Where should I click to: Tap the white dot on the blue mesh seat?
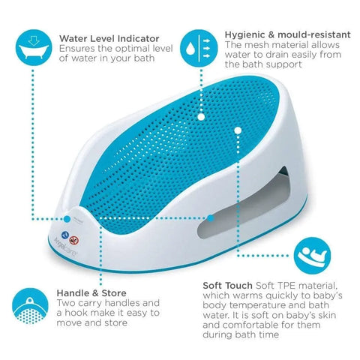click(x=200, y=117)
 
